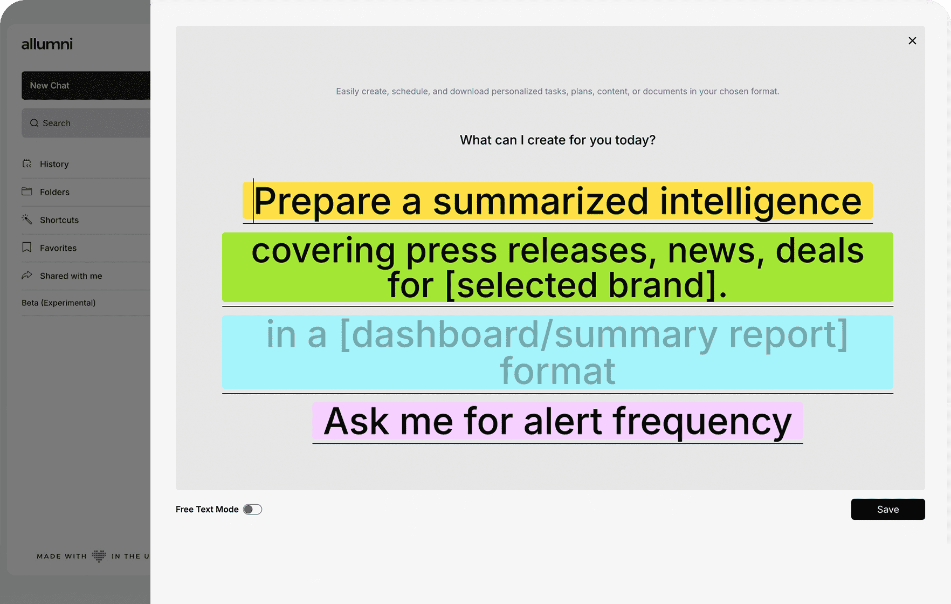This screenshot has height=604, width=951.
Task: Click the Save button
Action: click(888, 509)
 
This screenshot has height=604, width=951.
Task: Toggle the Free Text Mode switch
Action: click(252, 509)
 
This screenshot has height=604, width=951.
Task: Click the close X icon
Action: click(912, 41)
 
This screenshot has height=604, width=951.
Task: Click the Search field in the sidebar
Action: click(86, 123)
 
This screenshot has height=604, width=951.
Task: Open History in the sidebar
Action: click(54, 164)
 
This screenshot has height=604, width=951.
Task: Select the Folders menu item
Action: click(54, 192)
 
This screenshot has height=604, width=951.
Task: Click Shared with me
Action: click(71, 276)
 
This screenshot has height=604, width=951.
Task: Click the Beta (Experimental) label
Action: click(58, 303)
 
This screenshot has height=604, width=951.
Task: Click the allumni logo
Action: click(47, 44)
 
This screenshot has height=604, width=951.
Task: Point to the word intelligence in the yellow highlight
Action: click(761, 202)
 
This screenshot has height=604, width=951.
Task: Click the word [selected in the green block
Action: click(521, 285)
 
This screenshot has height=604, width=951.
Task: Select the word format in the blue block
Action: click(557, 371)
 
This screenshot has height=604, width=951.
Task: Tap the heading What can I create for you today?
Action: click(557, 140)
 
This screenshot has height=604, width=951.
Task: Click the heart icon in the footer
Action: click(99, 556)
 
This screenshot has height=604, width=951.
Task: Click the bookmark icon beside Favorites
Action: click(26, 248)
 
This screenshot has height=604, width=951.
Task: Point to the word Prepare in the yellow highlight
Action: click(322, 202)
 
